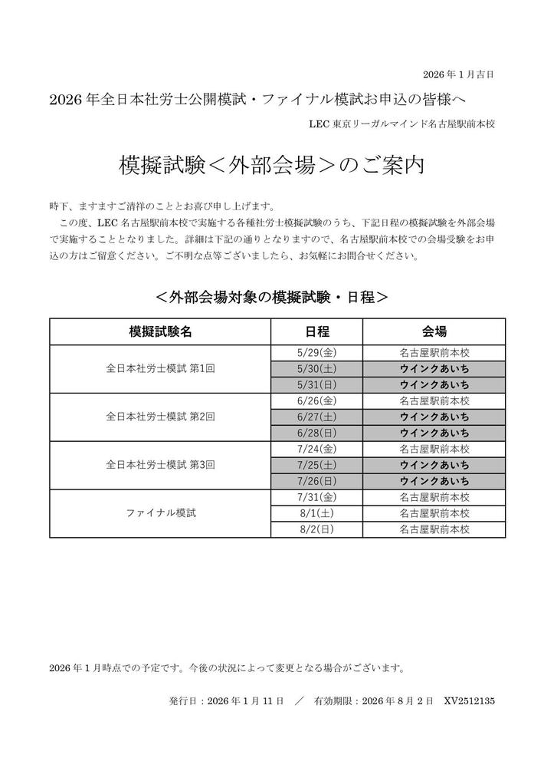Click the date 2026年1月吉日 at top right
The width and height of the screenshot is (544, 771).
tap(458, 74)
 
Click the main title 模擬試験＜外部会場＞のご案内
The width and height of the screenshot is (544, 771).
tap(272, 166)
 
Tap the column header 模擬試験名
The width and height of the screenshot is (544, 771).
tap(160, 331)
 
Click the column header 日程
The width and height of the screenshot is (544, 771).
tap(316, 331)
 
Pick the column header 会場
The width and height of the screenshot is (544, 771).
tap(434, 331)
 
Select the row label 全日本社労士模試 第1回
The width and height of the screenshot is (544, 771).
tap(160, 369)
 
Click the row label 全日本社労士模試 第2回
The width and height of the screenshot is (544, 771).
tap(160, 417)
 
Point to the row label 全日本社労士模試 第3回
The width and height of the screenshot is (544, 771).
tap(160, 465)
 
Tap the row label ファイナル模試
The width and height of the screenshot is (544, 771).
tap(160, 513)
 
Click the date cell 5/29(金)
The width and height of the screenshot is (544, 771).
tap(316, 354)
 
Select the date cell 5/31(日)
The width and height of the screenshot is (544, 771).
tap(316, 385)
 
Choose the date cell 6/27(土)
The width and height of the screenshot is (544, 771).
tap(316, 417)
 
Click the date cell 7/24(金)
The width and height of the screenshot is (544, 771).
tap(316, 449)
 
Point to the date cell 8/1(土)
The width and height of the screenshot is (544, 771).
tap(316, 513)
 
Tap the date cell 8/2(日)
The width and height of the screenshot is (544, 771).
tap(316, 529)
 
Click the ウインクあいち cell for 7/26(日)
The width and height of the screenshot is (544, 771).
tap(434, 481)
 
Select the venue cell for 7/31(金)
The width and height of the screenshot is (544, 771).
tap(434, 497)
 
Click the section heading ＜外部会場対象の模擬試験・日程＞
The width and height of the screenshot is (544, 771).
tap(271, 296)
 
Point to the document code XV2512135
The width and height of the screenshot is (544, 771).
tap(469, 700)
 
